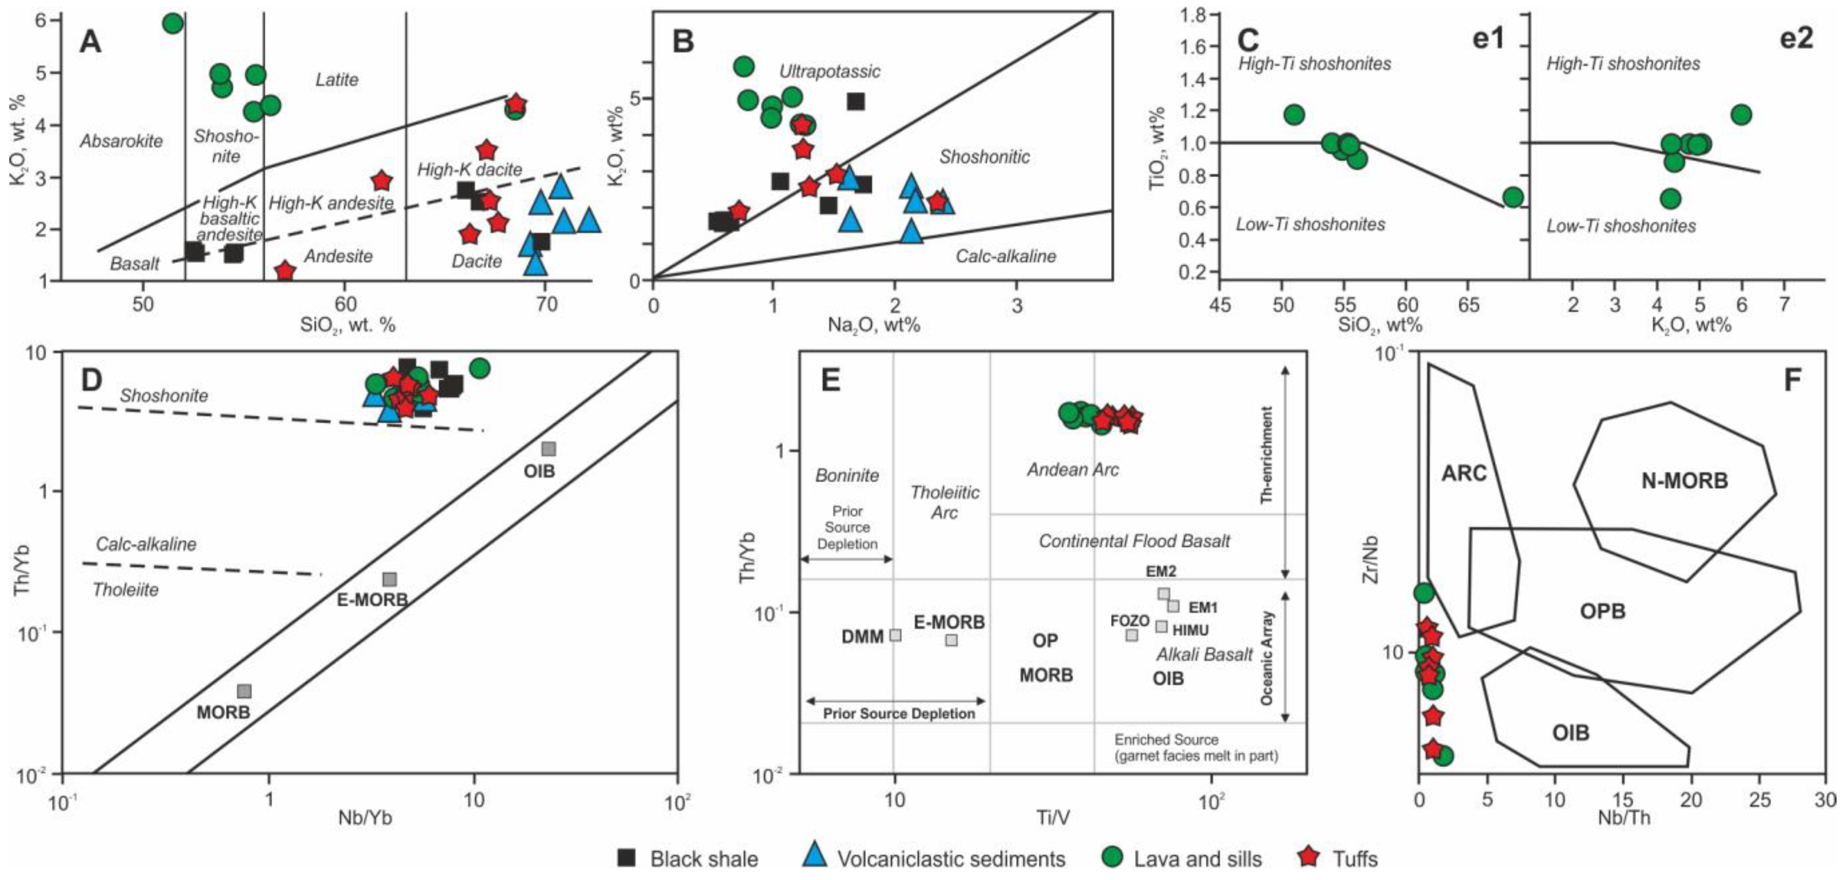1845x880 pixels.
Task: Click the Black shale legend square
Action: click(x=628, y=858)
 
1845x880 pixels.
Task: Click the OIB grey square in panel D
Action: click(x=548, y=448)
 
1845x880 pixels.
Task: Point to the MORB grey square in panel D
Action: click(x=244, y=691)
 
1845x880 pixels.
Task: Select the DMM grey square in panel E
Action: click(x=895, y=634)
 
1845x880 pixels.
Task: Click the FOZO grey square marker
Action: click(x=1132, y=634)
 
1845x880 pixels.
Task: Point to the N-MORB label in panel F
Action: click(x=1685, y=481)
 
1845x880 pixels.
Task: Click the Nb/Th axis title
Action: click(x=1624, y=818)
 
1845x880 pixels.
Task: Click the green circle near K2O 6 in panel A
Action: click(x=173, y=23)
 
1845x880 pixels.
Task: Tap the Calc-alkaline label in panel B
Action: click(x=1006, y=256)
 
